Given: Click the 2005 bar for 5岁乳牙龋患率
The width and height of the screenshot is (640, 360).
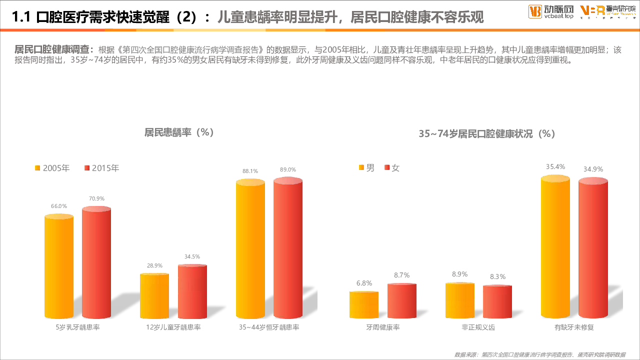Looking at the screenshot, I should pos(59,267).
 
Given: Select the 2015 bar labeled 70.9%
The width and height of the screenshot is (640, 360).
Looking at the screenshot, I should pos(96,264).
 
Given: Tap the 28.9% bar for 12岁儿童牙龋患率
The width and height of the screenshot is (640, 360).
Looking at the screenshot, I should pos(154,296).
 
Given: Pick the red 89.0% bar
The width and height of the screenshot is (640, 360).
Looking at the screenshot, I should pos(288,250).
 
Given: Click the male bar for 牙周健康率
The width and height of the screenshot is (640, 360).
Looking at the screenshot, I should pos(364,305).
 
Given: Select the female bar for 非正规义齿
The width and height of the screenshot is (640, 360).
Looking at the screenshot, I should pos(497,302).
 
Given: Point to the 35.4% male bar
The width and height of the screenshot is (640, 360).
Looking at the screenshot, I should pos(555,247).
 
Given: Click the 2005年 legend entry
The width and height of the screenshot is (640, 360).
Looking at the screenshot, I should pos(52,168).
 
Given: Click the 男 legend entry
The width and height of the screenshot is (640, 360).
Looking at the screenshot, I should pos(366,168).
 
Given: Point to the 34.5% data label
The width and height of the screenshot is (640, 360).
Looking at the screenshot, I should pos(192,256).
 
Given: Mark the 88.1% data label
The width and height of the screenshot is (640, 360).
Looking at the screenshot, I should pos(250,171).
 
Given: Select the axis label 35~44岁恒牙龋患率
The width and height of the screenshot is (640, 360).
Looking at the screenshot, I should pos(269,327).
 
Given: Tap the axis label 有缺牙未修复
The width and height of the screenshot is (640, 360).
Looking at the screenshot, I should pos(574,327).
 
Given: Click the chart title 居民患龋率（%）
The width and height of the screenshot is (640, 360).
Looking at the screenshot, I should pos(179,132).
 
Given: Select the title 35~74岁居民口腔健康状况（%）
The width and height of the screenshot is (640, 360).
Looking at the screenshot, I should pos(487,134).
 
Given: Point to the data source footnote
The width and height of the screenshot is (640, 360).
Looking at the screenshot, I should pos(539,354).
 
